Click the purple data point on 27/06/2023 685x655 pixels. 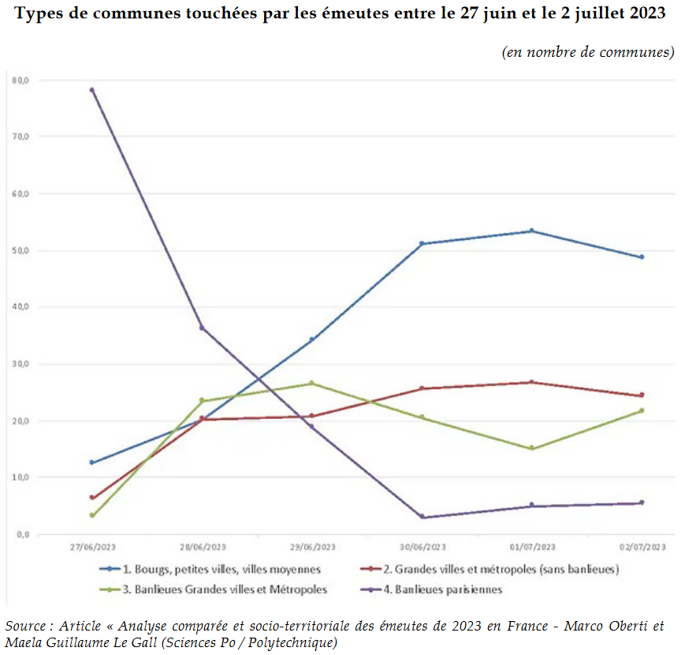coord(92,90)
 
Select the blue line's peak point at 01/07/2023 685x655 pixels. coord(532,231)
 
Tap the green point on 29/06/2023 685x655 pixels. coord(312,384)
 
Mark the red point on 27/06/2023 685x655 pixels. coord(92,498)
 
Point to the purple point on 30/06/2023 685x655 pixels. coord(423,517)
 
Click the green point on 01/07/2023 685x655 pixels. coord(532,448)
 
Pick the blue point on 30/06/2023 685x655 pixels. coord(423,244)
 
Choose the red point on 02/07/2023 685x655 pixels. coord(642,395)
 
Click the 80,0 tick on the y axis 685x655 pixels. coord(21,80)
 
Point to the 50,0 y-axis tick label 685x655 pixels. coord(21,251)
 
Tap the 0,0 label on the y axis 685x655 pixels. coord(22,534)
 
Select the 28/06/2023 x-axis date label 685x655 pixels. coord(203,547)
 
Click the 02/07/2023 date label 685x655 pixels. coord(642,547)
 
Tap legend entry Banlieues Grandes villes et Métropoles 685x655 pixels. coord(225,589)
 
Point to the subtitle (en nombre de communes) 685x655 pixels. coord(587,52)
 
